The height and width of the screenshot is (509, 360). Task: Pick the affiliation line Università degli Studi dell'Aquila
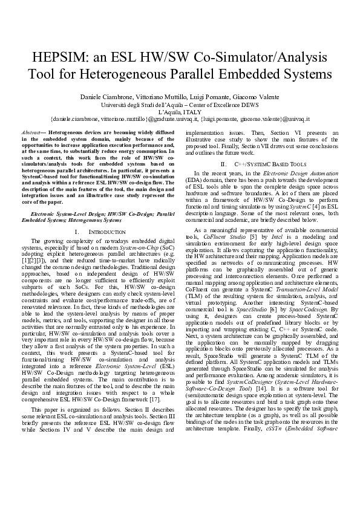143,105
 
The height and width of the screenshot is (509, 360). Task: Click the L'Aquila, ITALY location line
180,112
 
